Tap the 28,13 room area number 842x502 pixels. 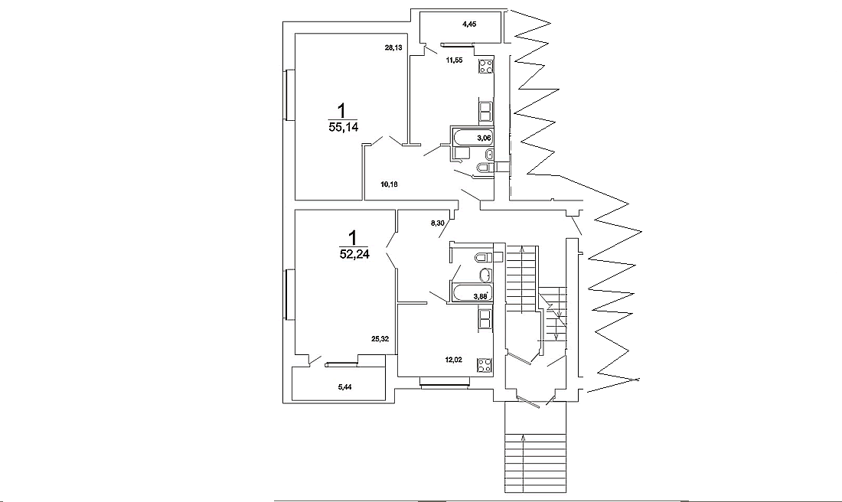[393, 47]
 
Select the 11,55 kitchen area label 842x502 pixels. [455, 60]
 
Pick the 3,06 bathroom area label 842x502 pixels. [484, 138]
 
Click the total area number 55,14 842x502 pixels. [343, 127]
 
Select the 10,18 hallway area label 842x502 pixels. [389, 184]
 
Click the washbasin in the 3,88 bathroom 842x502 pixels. [485, 275]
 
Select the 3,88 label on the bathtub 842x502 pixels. [480, 296]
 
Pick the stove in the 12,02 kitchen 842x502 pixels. [484, 365]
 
